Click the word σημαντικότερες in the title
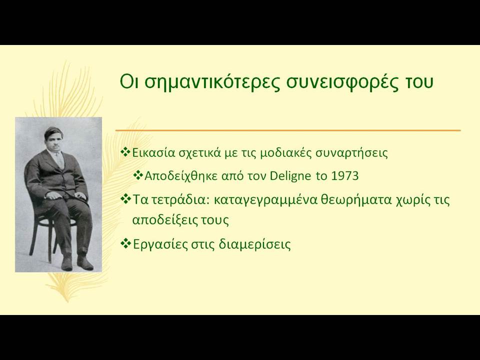click(x=212, y=82)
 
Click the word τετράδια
click(x=179, y=200)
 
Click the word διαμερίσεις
click(x=254, y=244)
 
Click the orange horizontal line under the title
click(x=288, y=130)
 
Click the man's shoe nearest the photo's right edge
click(x=85, y=263)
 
